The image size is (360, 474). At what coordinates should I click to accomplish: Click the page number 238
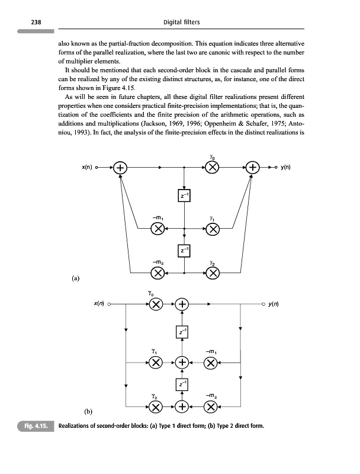click(x=26, y=23)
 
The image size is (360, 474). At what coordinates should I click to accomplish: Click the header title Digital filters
click(x=180, y=23)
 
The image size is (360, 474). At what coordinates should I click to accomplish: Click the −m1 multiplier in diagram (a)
click(x=157, y=228)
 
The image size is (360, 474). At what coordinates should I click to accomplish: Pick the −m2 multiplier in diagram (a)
click(x=157, y=273)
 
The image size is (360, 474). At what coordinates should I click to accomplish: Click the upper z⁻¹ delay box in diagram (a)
click(x=185, y=196)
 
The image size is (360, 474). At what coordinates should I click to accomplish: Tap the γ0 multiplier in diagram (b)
click(x=155, y=305)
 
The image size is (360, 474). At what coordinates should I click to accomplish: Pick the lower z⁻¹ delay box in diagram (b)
click(x=183, y=386)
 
